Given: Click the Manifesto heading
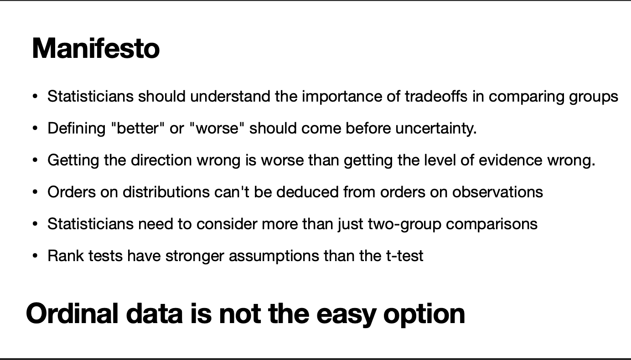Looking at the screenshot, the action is [x=96, y=48].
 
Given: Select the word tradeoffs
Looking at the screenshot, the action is [x=436, y=96].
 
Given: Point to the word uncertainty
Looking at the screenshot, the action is [x=436, y=129].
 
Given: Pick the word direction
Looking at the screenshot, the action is [x=161, y=160].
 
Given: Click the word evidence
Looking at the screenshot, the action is [x=511, y=160].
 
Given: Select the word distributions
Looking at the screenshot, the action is [x=166, y=192].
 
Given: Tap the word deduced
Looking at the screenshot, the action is [x=307, y=192].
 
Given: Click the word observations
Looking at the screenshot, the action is [x=497, y=192].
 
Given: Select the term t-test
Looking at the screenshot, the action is [x=404, y=256].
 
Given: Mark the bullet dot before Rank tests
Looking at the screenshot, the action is [x=35, y=256].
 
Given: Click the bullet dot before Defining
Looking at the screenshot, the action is [x=35, y=129].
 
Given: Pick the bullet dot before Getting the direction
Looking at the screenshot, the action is [x=35, y=160].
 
